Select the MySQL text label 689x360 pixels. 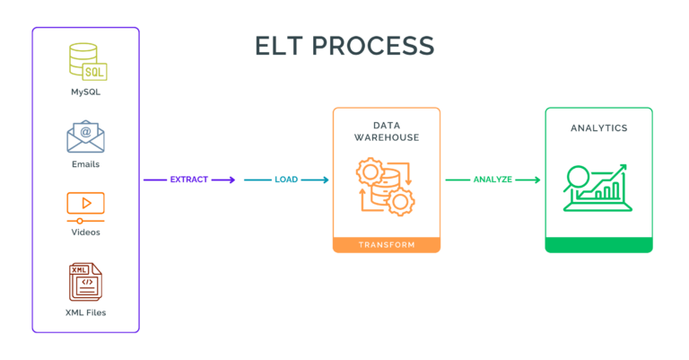tap(85, 92)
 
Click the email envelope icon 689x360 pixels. tap(85, 136)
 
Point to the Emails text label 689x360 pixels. tap(85, 164)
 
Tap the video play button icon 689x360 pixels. tap(85, 206)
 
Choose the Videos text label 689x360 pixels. tap(85, 233)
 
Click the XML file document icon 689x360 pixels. tap(85, 281)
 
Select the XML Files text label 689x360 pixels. tap(85, 312)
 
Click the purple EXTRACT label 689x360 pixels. tap(188, 180)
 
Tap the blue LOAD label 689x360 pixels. tap(286, 180)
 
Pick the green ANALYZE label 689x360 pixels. tap(493, 180)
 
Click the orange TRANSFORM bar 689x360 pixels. tap(387, 244)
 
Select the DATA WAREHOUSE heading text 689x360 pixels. tap(387, 132)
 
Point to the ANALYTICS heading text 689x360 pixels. tap(598, 128)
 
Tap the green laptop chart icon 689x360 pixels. tap(597, 187)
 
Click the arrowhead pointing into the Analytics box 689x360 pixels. tap(536, 180)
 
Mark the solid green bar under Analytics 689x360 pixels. tap(598, 244)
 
